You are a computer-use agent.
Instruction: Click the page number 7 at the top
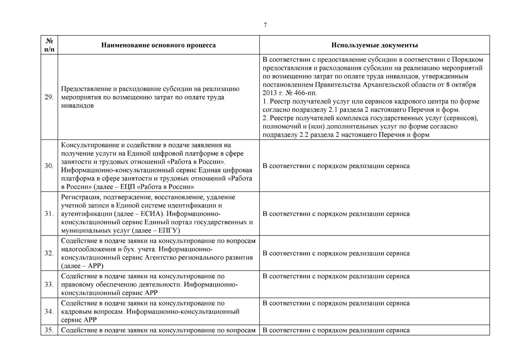(x=265, y=25)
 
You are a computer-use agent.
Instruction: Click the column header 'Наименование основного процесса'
(x=158, y=45)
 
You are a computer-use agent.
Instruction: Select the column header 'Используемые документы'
(x=375, y=45)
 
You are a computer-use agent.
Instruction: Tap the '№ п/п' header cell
(x=49, y=45)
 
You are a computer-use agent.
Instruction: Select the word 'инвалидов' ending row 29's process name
(x=77, y=106)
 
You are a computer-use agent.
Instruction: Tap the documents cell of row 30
(x=336, y=166)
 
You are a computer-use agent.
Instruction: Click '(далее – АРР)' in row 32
(x=82, y=266)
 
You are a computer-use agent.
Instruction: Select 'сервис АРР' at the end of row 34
(x=79, y=320)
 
